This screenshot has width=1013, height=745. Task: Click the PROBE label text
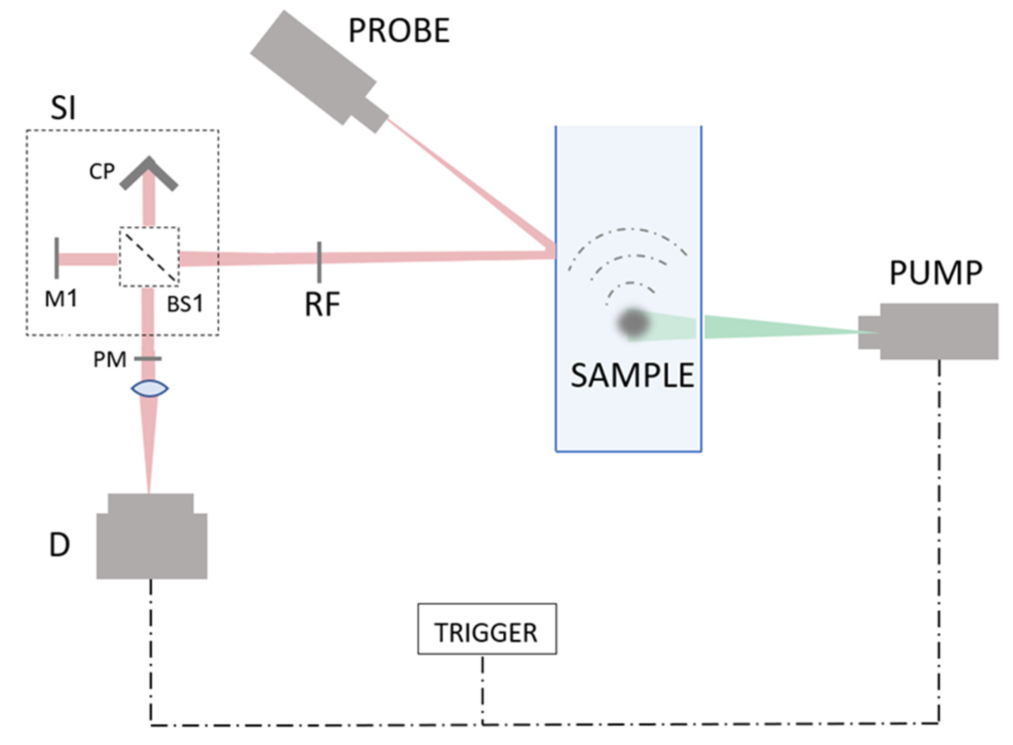click(x=399, y=31)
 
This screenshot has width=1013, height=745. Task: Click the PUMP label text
click(x=935, y=273)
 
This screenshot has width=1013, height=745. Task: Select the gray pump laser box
click(x=938, y=331)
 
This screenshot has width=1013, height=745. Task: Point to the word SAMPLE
click(x=631, y=375)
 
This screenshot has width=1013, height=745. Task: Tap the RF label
click(x=322, y=304)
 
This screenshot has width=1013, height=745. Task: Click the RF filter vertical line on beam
click(x=319, y=262)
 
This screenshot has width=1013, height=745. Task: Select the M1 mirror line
click(x=57, y=258)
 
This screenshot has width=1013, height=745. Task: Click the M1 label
click(x=61, y=298)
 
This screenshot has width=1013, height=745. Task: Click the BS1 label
click(x=185, y=304)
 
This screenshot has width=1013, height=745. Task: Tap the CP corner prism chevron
click(x=149, y=174)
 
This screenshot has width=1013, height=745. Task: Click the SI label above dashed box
click(x=63, y=108)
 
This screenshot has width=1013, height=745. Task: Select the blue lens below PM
click(x=150, y=388)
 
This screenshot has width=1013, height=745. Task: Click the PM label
click(x=110, y=360)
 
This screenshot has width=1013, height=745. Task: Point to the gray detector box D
click(x=151, y=541)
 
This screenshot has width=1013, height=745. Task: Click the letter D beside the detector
click(x=59, y=545)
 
